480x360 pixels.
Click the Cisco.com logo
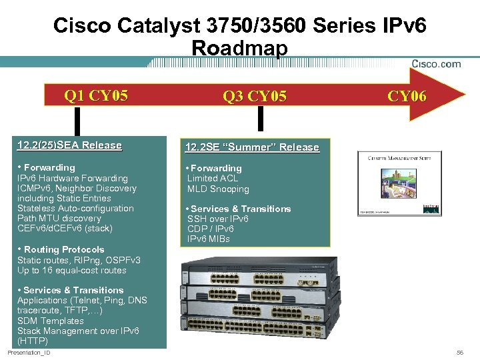tap(436, 64)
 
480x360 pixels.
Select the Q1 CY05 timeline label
tap(96, 95)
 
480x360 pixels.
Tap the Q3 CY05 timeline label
tap(255, 97)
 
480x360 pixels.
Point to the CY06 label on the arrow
tap(407, 97)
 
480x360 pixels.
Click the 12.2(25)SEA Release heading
tap(69, 145)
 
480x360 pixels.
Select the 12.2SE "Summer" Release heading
tap(252, 147)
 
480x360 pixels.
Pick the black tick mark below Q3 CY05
tap(261, 119)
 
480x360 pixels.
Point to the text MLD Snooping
tap(218, 189)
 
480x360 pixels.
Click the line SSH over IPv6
tap(218, 219)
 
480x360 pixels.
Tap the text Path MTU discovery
tap(59, 218)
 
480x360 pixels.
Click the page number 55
tap(459, 352)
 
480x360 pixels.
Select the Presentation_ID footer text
tap(29, 352)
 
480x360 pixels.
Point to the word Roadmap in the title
tap(239, 48)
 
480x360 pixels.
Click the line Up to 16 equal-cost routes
tap(71, 270)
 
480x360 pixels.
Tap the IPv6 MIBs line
tap(209, 239)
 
